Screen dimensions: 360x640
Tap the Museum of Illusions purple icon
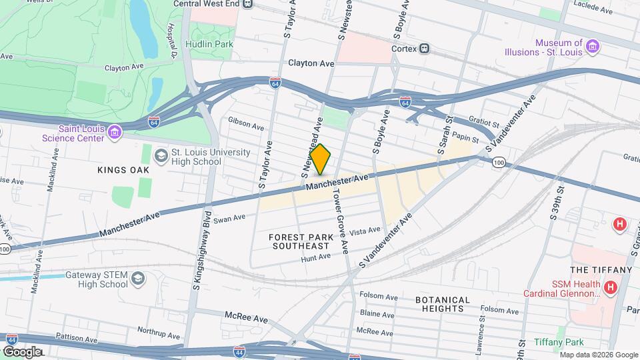click(593, 47)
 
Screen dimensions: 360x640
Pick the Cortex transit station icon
click(424, 48)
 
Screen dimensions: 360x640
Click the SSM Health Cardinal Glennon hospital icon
click(610, 287)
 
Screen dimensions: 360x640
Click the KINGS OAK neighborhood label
click(123, 170)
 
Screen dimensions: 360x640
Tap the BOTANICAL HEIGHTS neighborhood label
click(443, 304)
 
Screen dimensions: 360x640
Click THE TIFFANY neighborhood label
click(600, 269)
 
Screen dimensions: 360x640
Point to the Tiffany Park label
click(559, 342)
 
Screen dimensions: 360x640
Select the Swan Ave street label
click(230, 217)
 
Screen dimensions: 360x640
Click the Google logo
click(21, 351)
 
